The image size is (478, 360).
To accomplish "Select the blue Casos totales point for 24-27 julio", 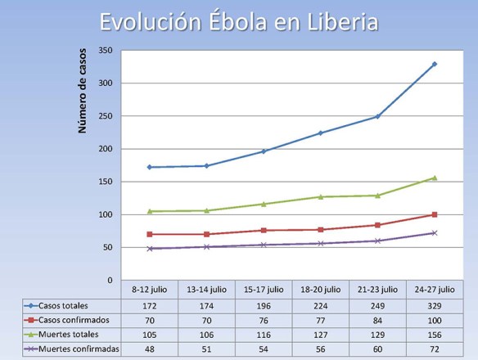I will click(x=435, y=64).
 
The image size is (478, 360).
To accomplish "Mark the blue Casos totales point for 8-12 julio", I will click(x=150, y=167).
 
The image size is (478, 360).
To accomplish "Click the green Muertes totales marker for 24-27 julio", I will click(x=435, y=178).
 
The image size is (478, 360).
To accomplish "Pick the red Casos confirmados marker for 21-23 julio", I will click(x=377, y=225).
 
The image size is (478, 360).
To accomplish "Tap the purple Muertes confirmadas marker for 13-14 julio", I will click(x=206, y=246).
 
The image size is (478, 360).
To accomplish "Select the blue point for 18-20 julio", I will click(x=321, y=133).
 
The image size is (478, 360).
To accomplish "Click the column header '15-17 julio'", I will click(x=264, y=290).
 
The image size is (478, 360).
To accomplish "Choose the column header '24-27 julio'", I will click(x=435, y=290).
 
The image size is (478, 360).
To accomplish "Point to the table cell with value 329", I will click(x=435, y=304).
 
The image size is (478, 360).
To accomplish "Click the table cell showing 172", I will click(x=150, y=304).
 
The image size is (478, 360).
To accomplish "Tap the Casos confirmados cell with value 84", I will click(x=377, y=319).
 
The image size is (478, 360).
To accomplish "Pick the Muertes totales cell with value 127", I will click(x=321, y=335).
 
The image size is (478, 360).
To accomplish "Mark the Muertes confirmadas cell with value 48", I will click(x=150, y=349).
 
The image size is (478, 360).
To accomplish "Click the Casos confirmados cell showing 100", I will click(x=435, y=319).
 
